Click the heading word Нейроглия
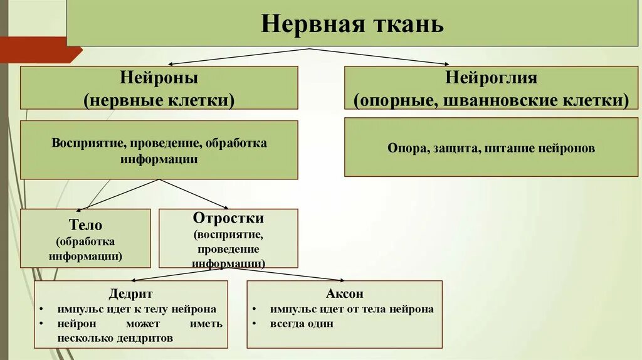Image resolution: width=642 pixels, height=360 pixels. pyautogui.click(x=491, y=78)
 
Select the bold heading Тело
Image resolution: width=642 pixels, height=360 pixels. pyautogui.click(x=85, y=225)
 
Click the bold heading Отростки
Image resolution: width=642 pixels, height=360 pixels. pyautogui.click(x=228, y=218)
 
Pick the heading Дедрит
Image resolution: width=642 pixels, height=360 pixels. pyautogui.click(x=130, y=294)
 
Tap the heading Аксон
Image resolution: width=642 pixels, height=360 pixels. pyautogui.click(x=344, y=294)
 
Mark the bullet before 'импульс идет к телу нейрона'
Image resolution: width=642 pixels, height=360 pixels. pyautogui.click(x=41, y=309)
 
